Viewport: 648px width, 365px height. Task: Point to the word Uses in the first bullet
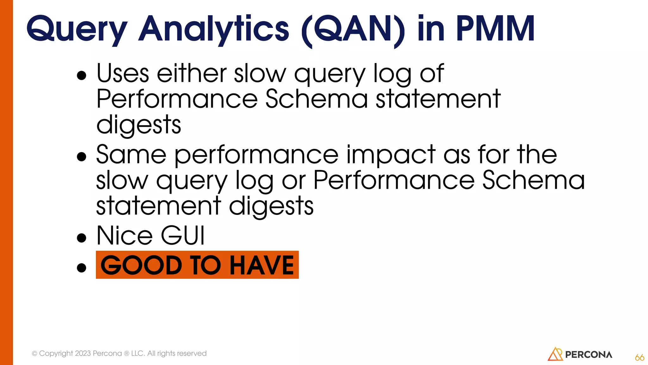coord(123,74)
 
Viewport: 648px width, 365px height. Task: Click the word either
coord(192,74)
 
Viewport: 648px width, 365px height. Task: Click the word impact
coord(391,155)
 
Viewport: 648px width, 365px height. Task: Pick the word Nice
coord(125,236)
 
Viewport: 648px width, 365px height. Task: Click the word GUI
coord(183,236)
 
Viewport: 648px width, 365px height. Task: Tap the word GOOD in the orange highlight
coord(141,265)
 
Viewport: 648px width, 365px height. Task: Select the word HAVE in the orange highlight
coord(262,265)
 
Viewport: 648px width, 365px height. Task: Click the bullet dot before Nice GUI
coord(82,238)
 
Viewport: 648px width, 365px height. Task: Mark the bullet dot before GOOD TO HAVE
coord(82,268)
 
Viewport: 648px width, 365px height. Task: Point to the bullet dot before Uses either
coord(82,75)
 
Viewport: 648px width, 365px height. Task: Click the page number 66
coord(639,357)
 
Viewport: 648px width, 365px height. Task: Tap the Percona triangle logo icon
coord(555,354)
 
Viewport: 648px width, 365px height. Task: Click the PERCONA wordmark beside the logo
coord(589,355)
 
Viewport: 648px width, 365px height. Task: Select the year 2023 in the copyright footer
coord(83,353)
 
